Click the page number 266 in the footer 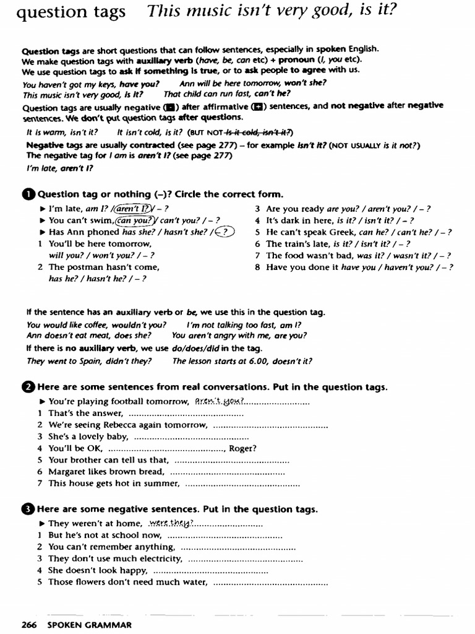[x=30, y=625]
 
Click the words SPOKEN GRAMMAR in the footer [x=89, y=625]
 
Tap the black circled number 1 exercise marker [x=28, y=194]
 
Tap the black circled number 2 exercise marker [x=28, y=388]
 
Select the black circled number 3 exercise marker [x=28, y=510]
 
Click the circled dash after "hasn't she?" [x=223, y=232]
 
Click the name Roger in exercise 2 [x=242, y=448]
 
